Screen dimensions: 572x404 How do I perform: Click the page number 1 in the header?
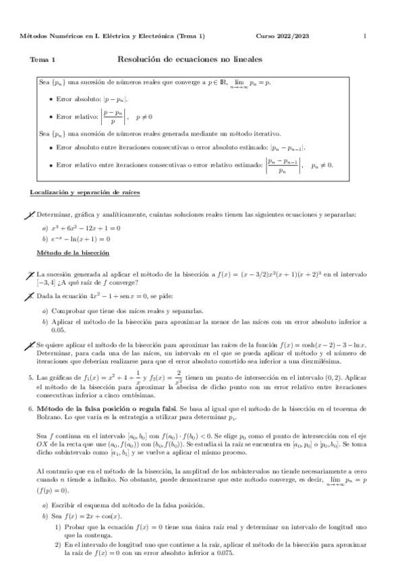364,36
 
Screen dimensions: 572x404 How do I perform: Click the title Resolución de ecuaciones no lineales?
190,59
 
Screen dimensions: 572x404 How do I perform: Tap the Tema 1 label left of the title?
42,60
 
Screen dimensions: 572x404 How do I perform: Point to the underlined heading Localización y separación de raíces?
84,193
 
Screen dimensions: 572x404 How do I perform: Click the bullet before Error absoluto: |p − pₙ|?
51,99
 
